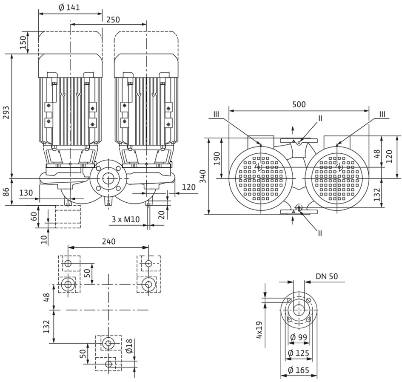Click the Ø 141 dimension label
coord(69,7)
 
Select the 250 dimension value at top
coord(113,20)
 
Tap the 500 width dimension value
coord(299,104)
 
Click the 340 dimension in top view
coord(203,176)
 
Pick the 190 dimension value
coord(217,159)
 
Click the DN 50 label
coord(327,276)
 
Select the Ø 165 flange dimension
coord(299,370)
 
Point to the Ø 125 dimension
coord(299,353)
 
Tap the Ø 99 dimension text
coord(299,337)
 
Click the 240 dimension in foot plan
coord(109,241)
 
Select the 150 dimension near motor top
coord(23,42)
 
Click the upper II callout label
coord(320,118)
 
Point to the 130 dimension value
coord(26,192)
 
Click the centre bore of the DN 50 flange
coord(299,310)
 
